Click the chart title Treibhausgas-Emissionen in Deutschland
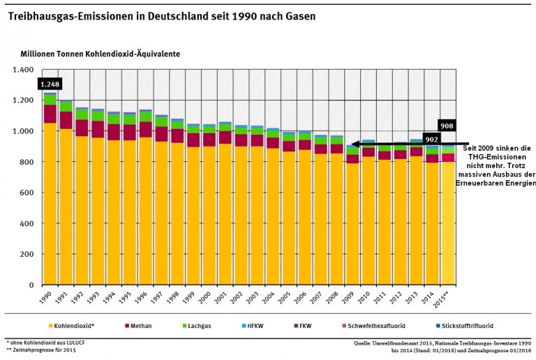click(161, 15)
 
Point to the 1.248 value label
click(50, 84)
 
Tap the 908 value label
click(447, 126)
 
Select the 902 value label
click(431, 140)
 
